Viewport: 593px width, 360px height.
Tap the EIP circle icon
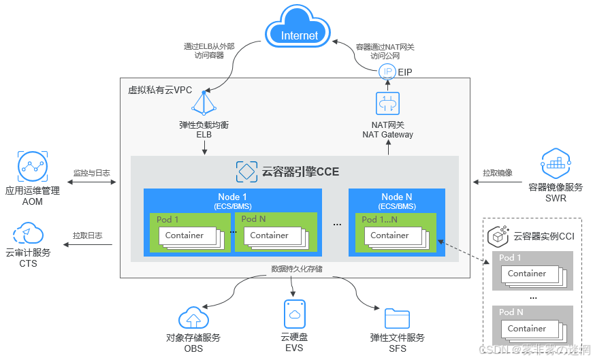pos(387,71)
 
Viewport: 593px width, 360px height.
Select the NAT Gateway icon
pos(387,103)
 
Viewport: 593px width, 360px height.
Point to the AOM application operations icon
pos(32,165)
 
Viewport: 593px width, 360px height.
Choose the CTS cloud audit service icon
pos(28,232)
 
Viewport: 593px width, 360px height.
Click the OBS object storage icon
pos(193,318)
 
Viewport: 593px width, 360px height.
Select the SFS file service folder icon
pos(397,318)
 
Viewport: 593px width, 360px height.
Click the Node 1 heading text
pos(232,197)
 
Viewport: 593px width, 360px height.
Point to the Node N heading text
pos(396,197)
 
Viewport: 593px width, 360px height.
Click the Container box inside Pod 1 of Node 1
pos(185,235)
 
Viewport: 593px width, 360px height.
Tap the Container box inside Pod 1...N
pos(389,235)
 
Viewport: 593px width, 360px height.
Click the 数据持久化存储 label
pos(296,269)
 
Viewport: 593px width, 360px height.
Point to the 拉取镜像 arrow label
pos(497,173)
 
